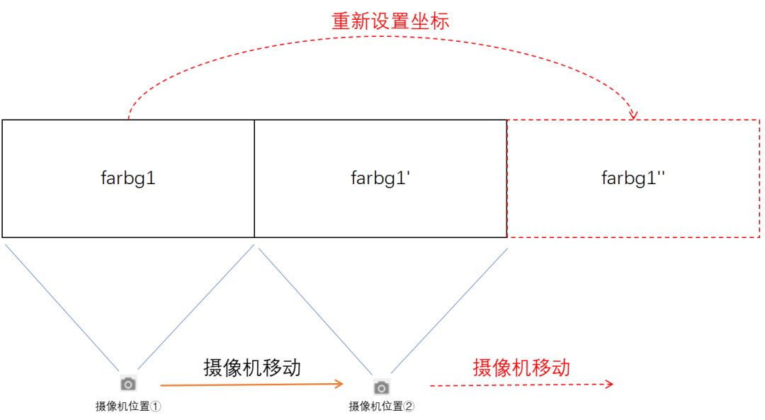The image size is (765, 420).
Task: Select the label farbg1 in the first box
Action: tap(128, 178)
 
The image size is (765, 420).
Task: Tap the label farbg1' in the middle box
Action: tap(381, 178)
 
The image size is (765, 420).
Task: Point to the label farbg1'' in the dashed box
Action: tap(633, 178)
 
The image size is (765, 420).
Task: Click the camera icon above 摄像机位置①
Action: tap(128, 384)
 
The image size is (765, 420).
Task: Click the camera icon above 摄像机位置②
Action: tap(382, 387)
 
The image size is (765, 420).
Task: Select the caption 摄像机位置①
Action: tap(129, 407)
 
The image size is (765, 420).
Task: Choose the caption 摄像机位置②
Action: tap(382, 407)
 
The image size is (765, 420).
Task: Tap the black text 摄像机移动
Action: tap(251, 368)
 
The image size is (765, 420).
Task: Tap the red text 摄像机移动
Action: tap(521, 367)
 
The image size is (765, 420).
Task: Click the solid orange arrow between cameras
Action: tap(251, 385)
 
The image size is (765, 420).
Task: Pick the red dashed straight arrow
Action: tap(521, 385)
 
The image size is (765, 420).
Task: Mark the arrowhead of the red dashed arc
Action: tap(633, 115)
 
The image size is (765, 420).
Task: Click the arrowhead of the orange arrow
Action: tap(340, 384)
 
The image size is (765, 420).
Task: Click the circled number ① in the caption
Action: tap(157, 407)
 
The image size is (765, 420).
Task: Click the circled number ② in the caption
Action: tap(409, 407)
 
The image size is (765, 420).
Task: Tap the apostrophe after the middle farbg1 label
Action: tap(410, 173)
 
